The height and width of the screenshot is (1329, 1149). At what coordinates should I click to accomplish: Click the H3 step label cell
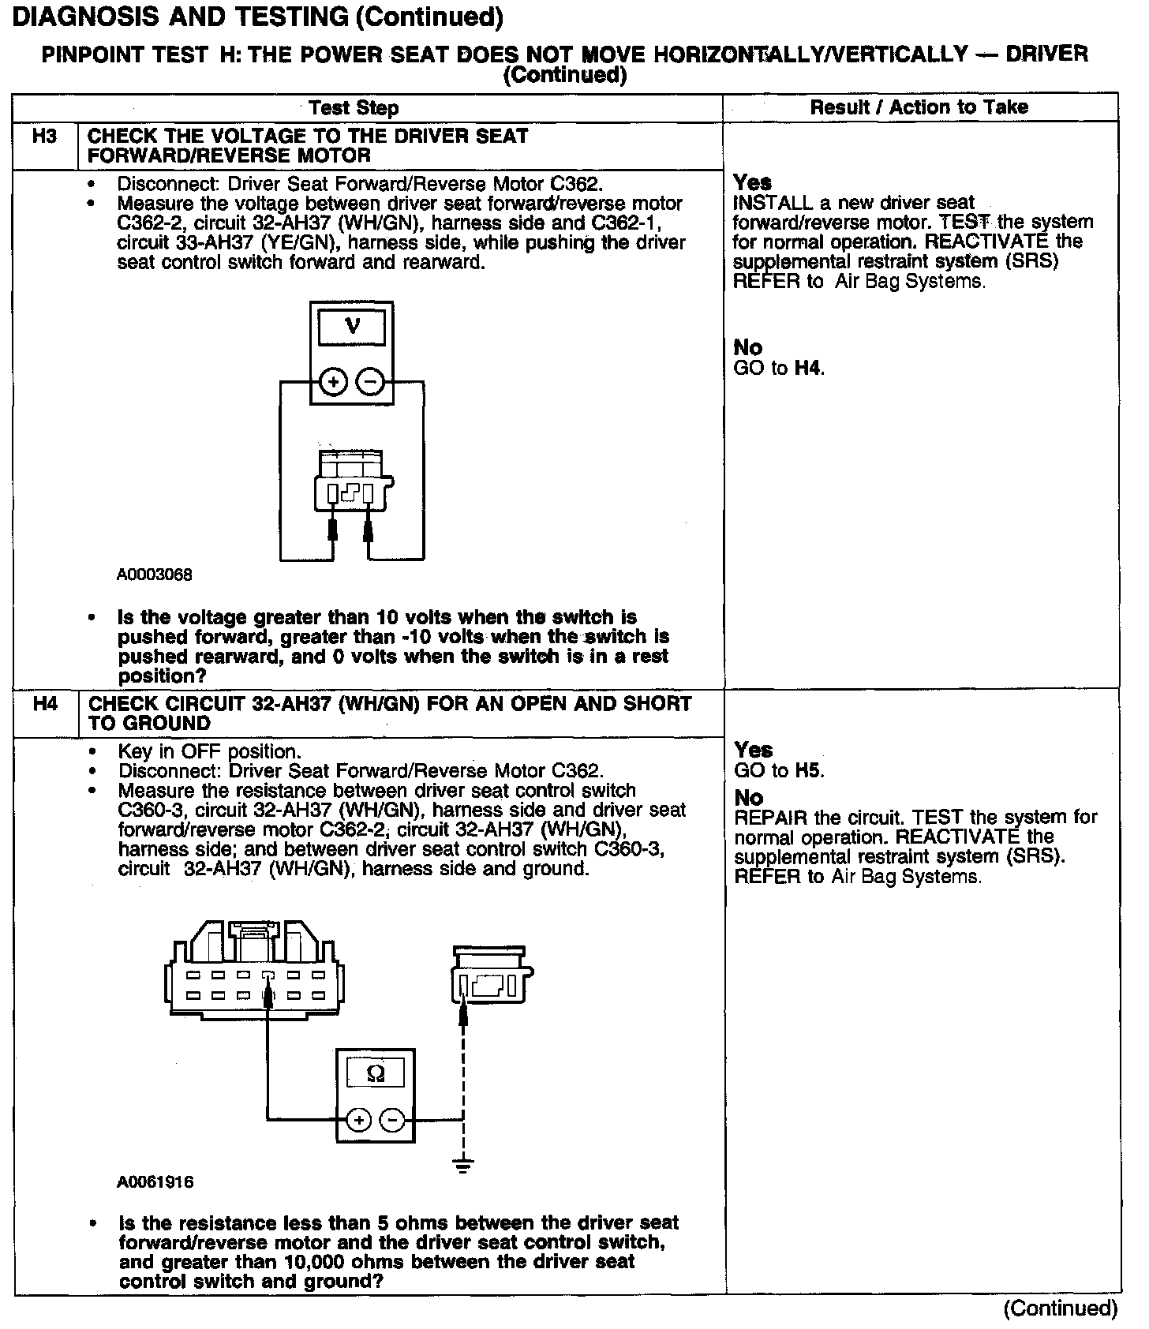point(45,137)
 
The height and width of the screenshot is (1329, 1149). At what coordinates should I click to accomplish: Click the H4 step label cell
point(46,704)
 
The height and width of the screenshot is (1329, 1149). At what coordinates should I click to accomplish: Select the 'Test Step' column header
point(354,108)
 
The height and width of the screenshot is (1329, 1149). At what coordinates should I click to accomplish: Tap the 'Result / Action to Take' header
point(919,107)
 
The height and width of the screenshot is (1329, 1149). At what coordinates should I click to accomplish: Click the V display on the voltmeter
point(352,326)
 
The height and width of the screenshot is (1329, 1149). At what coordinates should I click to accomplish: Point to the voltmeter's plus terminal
point(334,383)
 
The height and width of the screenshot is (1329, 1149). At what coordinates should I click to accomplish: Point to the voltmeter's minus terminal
point(370,383)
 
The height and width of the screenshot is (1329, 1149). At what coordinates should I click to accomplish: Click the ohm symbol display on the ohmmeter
point(376,1073)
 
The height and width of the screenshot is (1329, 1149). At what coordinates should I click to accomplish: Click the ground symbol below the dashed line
point(464,1164)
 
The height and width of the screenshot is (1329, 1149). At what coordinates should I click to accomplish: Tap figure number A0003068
point(155,575)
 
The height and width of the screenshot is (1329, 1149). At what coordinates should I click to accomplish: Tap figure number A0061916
point(155,1183)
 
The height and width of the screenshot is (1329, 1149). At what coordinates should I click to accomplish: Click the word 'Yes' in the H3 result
point(752,182)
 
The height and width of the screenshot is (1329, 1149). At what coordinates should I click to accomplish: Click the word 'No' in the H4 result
point(748,798)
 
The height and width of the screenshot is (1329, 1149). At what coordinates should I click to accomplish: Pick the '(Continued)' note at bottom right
point(1060,1308)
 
